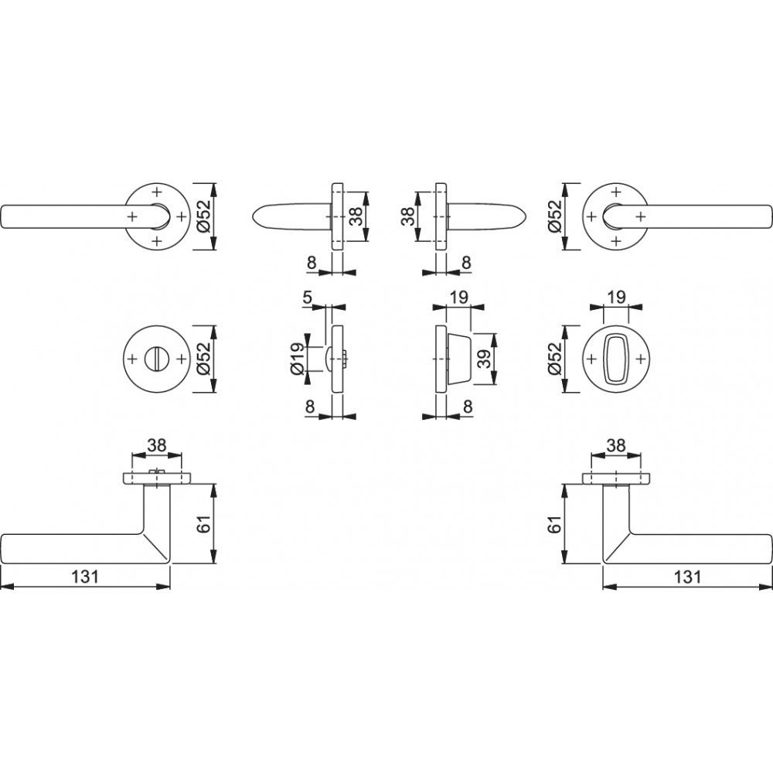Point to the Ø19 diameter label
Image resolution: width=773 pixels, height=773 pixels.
pyautogui.click(x=297, y=359)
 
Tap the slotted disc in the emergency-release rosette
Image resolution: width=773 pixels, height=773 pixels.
pyautogui.click(x=157, y=359)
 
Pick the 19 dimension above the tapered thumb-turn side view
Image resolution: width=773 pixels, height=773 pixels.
pyautogui.click(x=458, y=298)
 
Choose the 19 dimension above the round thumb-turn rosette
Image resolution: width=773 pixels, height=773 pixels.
pyautogui.click(x=616, y=298)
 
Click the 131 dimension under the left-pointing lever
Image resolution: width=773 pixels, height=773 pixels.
pyautogui.click(x=85, y=577)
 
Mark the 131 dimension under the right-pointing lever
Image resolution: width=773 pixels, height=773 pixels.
pyautogui.click(x=686, y=577)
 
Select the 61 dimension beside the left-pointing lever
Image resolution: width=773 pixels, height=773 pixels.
pyautogui.click(x=206, y=523)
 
